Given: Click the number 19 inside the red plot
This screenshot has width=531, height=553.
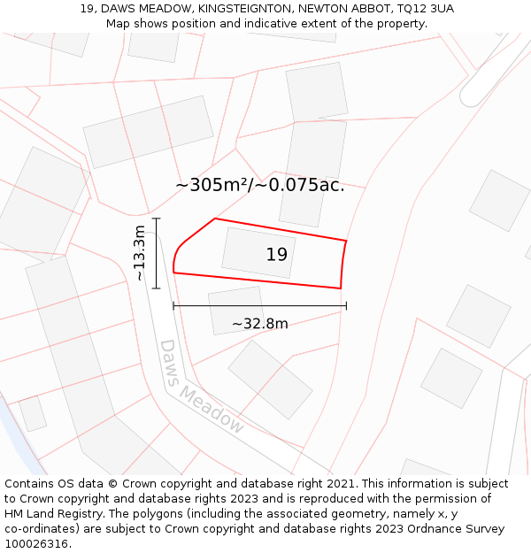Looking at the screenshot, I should click(x=276, y=255).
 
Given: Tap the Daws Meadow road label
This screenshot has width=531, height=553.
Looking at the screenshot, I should click(x=201, y=387).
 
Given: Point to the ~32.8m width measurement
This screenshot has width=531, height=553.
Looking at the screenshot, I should click(x=259, y=324).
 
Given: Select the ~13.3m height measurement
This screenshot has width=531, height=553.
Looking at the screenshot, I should click(x=140, y=253).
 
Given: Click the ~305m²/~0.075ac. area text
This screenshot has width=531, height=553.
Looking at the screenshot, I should click(x=259, y=186).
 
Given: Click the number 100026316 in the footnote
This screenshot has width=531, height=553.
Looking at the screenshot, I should click(x=37, y=544).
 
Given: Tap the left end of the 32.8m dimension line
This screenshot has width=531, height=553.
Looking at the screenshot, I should click(x=173, y=306).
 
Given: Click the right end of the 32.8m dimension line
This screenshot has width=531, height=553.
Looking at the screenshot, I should click(x=346, y=306).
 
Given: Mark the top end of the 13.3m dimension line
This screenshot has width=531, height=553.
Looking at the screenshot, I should click(x=157, y=219).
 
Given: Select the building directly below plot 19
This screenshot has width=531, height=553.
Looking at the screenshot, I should click(x=236, y=310).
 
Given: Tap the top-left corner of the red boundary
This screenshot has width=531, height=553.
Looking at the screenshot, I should click(x=215, y=219).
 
